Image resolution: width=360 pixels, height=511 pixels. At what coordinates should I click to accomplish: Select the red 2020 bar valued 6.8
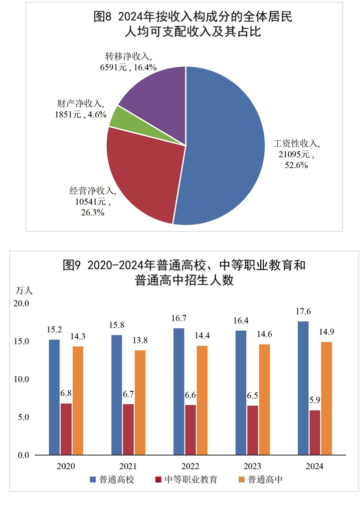pos(66,429)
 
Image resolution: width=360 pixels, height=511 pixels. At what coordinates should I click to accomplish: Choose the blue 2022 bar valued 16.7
pos(179,392)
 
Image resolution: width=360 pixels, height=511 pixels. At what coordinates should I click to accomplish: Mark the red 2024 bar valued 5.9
pos(315,433)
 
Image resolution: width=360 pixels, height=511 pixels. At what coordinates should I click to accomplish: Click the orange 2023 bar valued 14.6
pos(264,400)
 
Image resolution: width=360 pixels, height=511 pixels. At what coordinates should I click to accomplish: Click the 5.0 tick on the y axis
pos(24,417)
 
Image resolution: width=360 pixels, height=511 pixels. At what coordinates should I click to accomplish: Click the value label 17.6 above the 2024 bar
pos(304,311)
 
